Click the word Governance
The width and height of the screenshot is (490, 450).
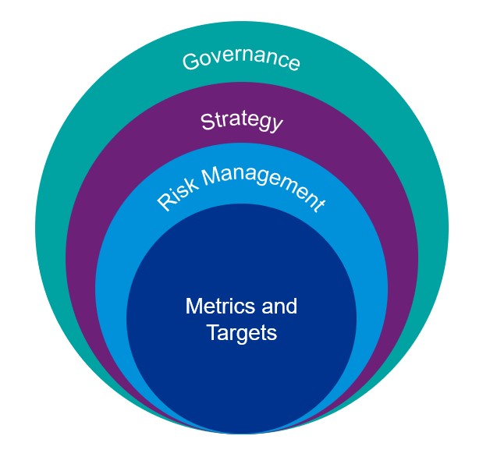click(x=241, y=60)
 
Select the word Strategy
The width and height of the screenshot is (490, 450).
click(x=241, y=121)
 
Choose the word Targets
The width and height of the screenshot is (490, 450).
click(x=242, y=333)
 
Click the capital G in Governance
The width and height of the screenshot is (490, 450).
click(x=190, y=62)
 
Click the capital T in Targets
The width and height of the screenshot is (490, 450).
click(x=212, y=333)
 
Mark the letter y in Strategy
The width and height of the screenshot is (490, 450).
click(x=275, y=126)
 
